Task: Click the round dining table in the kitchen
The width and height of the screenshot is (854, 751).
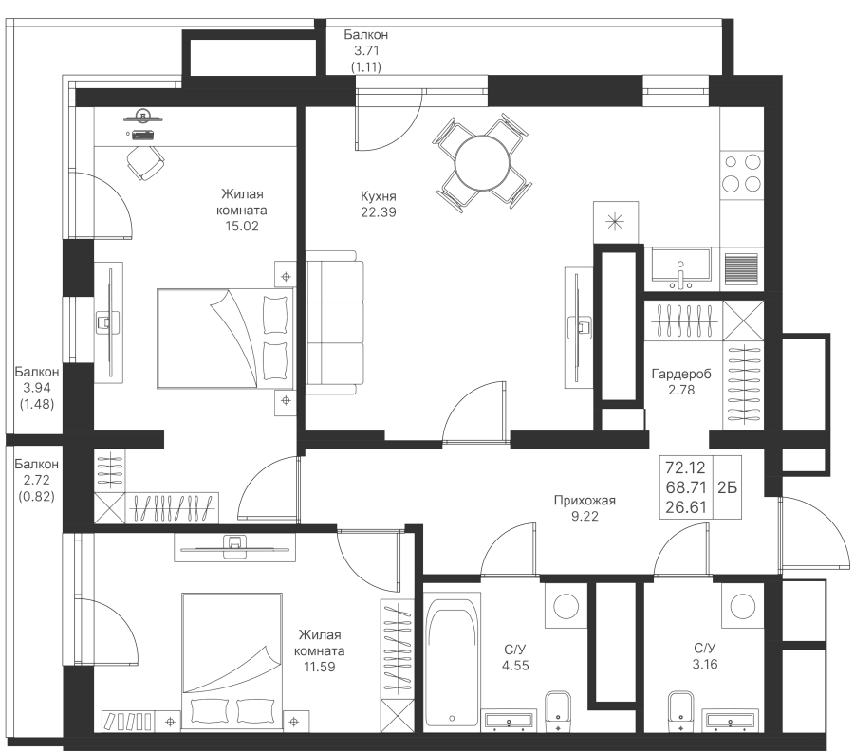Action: pyautogui.click(x=483, y=163)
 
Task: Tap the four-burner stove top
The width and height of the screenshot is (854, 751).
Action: pyautogui.click(x=741, y=174)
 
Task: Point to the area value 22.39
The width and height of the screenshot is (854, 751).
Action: pyautogui.click(x=379, y=212)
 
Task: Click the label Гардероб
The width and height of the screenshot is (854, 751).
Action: pyautogui.click(x=681, y=374)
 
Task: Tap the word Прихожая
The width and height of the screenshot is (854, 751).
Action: pyautogui.click(x=585, y=500)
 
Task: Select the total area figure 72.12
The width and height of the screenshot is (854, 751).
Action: pyautogui.click(x=685, y=467)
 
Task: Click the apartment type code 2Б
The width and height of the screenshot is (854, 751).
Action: pyautogui.click(x=727, y=487)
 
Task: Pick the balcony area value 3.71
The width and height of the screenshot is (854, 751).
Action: pyautogui.click(x=366, y=50)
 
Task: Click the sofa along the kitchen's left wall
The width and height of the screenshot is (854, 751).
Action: pyautogui.click(x=334, y=322)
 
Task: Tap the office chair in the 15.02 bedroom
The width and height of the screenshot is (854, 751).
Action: pyautogui.click(x=145, y=162)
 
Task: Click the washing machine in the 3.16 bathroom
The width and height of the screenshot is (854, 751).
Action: pyautogui.click(x=743, y=606)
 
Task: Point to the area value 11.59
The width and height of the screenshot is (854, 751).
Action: pyautogui.click(x=319, y=667)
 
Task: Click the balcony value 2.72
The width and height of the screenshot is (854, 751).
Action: pyautogui.click(x=36, y=480)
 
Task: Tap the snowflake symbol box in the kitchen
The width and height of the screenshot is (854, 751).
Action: pyautogui.click(x=616, y=222)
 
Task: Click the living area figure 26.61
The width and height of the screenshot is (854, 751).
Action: pyautogui.click(x=685, y=507)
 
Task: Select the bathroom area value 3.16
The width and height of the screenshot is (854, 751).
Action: pyautogui.click(x=705, y=664)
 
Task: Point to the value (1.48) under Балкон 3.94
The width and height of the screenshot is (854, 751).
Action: pyautogui.click(x=36, y=404)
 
